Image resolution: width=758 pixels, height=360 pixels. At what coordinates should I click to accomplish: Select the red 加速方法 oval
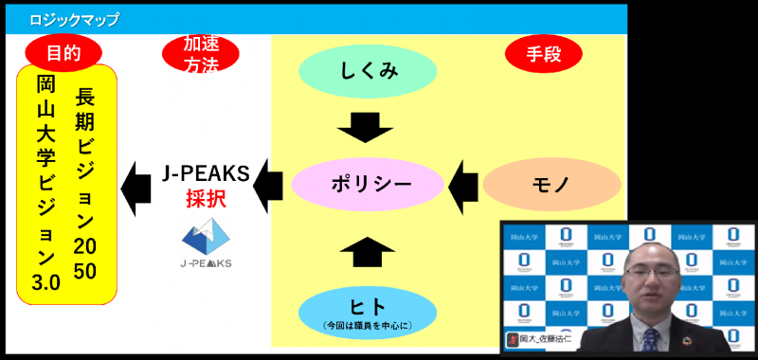tap(201, 54)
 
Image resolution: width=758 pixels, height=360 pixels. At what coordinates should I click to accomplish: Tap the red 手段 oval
tap(544, 54)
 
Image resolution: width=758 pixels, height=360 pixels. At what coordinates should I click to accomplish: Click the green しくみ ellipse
tap(368, 71)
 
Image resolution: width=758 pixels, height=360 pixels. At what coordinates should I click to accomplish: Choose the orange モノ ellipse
tap(544, 183)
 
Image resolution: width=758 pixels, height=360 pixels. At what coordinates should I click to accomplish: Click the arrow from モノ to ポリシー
tap(463, 183)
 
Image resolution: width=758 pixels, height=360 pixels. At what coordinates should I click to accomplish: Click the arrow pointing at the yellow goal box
tap(137, 183)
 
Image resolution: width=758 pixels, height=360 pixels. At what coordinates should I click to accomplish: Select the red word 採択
tap(205, 200)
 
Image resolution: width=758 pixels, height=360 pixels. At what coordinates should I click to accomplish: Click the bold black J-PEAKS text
tap(205, 174)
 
